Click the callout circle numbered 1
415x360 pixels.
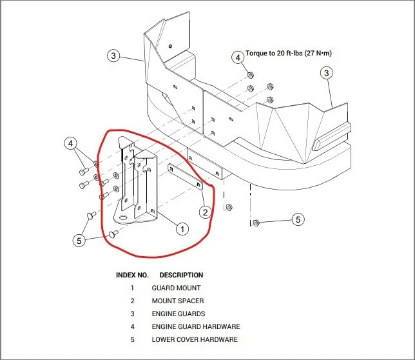pos(182,228)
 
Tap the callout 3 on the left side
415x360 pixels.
pos(113,56)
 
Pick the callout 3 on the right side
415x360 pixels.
pos(327,73)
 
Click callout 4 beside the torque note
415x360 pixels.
pos(238,57)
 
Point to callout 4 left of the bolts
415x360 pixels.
pos(71,143)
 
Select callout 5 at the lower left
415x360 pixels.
pos(79,240)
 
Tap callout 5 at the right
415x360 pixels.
pos(298,219)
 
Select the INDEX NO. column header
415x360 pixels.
pos(132,275)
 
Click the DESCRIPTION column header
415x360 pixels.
pos(181,275)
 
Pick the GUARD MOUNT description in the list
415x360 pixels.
pos(176,288)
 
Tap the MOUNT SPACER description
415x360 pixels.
pos(178,301)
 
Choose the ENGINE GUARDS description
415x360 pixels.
pos(179,314)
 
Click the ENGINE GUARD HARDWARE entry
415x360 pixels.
pos(196,326)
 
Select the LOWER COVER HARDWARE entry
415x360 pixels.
pos(195,339)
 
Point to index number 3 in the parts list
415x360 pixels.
pos(132,314)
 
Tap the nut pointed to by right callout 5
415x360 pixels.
pos(256,223)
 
